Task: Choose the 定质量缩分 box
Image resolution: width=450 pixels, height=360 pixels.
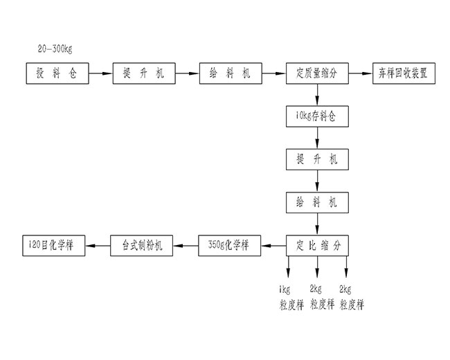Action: [317, 73]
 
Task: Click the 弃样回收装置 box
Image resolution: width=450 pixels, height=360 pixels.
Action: [404, 73]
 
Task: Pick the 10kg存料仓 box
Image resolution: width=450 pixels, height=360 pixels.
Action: [317, 116]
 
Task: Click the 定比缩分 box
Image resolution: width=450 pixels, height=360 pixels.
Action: [317, 244]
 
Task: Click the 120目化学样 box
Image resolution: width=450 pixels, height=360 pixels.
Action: [54, 244]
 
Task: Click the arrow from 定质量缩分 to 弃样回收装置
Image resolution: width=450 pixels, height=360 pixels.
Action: [361, 73]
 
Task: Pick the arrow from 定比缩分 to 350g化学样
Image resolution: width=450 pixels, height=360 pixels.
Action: [273, 244]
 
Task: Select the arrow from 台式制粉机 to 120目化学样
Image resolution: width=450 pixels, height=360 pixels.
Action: [98, 244]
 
